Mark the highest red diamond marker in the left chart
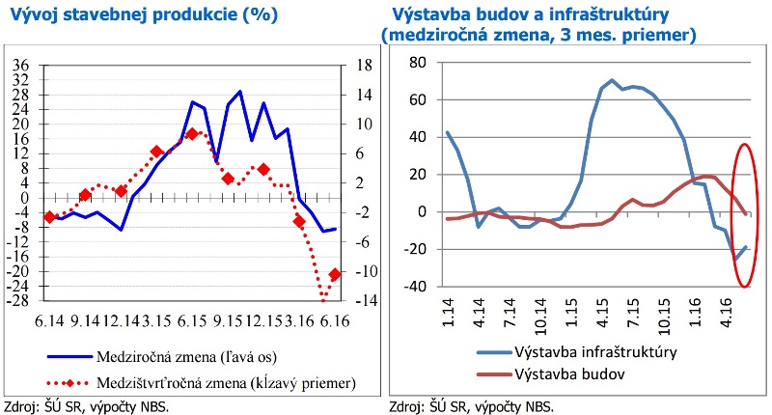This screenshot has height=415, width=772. (192, 134)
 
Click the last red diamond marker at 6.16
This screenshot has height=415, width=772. (335, 275)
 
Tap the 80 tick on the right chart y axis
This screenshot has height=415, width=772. (418, 63)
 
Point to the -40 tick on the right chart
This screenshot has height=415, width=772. (414, 287)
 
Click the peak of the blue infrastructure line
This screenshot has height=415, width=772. (612, 80)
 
